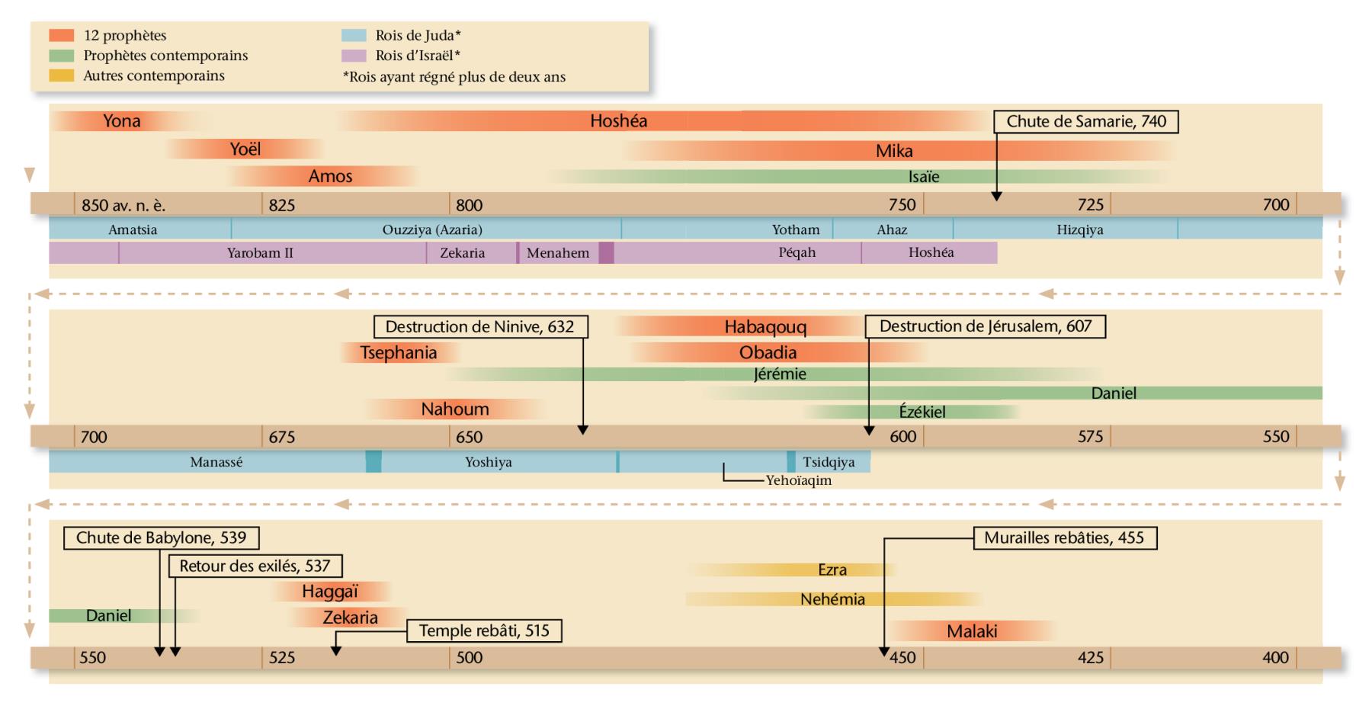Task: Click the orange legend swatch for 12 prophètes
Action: (x=61, y=36)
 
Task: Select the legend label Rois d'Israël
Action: (x=417, y=56)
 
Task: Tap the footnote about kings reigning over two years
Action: (x=454, y=76)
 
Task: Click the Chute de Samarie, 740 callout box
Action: (x=1086, y=121)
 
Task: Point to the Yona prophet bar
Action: (x=122, y=120)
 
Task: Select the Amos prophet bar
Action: (x=330, y=176)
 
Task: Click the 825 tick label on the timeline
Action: (x=282, y=205)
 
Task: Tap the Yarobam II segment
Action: (x=260, y=252)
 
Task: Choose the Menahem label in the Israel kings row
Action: (x=558, y=253)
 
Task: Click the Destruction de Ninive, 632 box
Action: (x=479, y=327)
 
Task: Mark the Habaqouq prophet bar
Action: (x=765, y=327)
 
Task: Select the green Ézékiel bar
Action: (x=922, y=412)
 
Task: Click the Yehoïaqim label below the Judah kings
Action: (x=798, y=481)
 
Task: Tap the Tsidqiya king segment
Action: (x=829, y=462)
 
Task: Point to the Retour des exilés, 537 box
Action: (x=255, y=566)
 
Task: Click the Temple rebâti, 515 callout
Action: (x=484, y=631)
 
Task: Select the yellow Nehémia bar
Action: (x=832, y=599)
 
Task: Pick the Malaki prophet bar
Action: (x=972, y=631)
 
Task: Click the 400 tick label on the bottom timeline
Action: (x=1275, y=657)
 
